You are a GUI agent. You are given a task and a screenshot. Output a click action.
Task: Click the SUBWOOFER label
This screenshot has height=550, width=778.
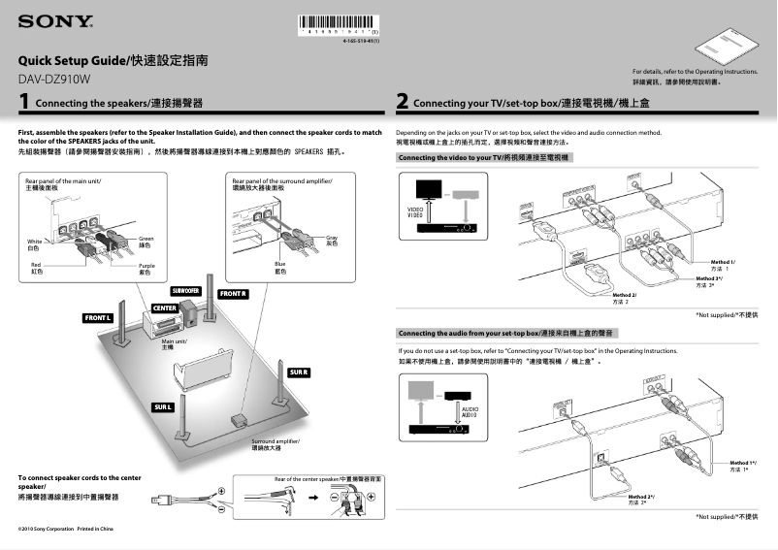185,290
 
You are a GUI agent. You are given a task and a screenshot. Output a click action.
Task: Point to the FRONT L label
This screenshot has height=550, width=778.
98,318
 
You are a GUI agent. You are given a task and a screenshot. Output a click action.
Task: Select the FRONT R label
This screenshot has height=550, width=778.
233,293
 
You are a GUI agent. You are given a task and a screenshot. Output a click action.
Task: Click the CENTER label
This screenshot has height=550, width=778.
164,307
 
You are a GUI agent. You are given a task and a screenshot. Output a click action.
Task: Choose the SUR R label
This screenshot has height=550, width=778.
299,372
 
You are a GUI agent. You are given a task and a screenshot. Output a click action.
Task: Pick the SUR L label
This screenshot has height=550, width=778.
162,406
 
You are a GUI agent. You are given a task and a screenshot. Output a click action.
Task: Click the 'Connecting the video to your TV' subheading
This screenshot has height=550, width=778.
481,156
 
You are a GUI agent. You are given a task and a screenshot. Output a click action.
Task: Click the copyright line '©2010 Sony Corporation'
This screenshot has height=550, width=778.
66,529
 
